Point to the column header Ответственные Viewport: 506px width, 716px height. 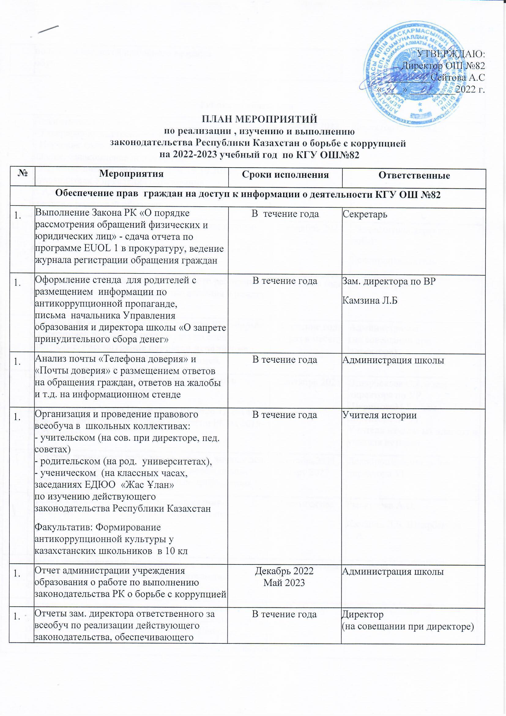tap(414, 175)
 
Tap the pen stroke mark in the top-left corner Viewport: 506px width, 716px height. tap(49, 28)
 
